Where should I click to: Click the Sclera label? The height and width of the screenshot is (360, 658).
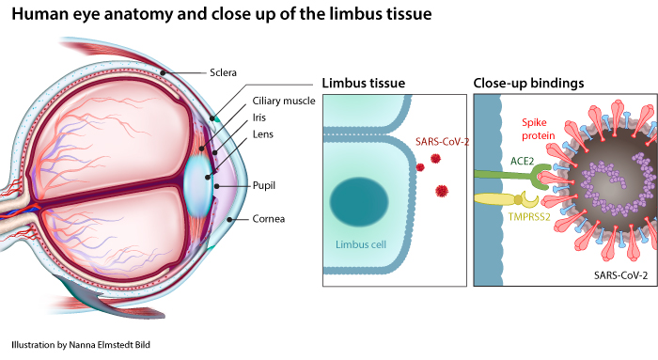pyautogui.click(x=223, y=72)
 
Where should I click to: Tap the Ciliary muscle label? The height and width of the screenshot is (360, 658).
pyautogui.click(x=284, y=102)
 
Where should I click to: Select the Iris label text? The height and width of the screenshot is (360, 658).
pyautogui.click(x=258, y=117)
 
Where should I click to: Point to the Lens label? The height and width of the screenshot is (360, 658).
pyautogui.click(x=262, y=134)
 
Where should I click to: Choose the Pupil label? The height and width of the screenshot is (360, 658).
pyautogui.click(x=263, y=185)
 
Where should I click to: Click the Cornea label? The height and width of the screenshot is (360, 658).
pyautogui.click(x=269, y=219)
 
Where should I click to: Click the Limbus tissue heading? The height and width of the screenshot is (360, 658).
pyautogui.click(x=364, y=83)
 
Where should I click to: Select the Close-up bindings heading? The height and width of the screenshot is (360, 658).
pyautogui.click(x=528, y=83)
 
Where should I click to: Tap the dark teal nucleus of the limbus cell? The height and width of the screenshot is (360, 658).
pyautogui.click(x=359, y=202)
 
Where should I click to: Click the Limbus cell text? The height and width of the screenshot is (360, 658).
pyautogui.click(x=360, y=244)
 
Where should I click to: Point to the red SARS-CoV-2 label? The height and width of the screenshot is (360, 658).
pyautogui.click(x=442, y=141)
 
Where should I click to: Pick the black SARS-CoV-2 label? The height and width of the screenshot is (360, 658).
pyautogui.click(x=620, y=275)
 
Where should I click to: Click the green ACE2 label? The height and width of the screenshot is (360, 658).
pyautogui.click(x=522, y=161)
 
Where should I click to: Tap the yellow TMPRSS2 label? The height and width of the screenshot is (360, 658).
pyautogui.click(x=528, y=217)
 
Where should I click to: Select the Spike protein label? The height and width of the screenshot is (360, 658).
pyautogui.click(x=538, y=129)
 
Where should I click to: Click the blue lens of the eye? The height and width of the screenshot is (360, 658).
pyautogui.click(x=198, y=185)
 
